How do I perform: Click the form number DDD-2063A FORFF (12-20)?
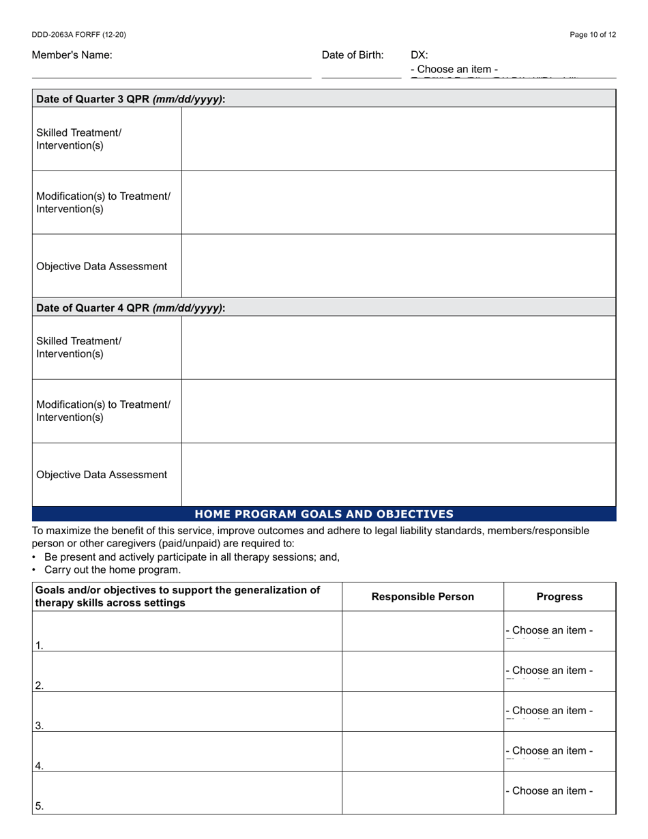[x=78, y=35]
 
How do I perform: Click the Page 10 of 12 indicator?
[x=593, y=35]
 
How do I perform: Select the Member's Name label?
[x=72, y=55]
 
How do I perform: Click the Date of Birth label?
[x=353, y=55]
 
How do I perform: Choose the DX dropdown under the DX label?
[x=454, y=70]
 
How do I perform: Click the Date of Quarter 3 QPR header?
[x=130, y=99]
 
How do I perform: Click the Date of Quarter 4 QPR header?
[x=130, y=308]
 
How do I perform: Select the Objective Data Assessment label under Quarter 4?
[x=102, y=475]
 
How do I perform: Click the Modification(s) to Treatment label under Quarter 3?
[x=103, y=203]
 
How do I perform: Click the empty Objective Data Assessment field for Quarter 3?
[x=398, y=266]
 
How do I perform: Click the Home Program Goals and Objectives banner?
[x=324, y=514]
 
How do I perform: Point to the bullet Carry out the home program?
[x=113, y=570]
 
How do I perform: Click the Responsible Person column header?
[x=422, y=597]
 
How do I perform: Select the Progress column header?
[x=559, y=597]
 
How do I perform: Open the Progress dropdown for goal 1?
[x=549, y=630]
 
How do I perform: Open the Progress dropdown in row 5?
[x=549, y=791]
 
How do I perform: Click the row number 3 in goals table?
[x=39, y=726]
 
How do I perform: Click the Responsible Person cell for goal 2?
[x=422, y=672]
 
